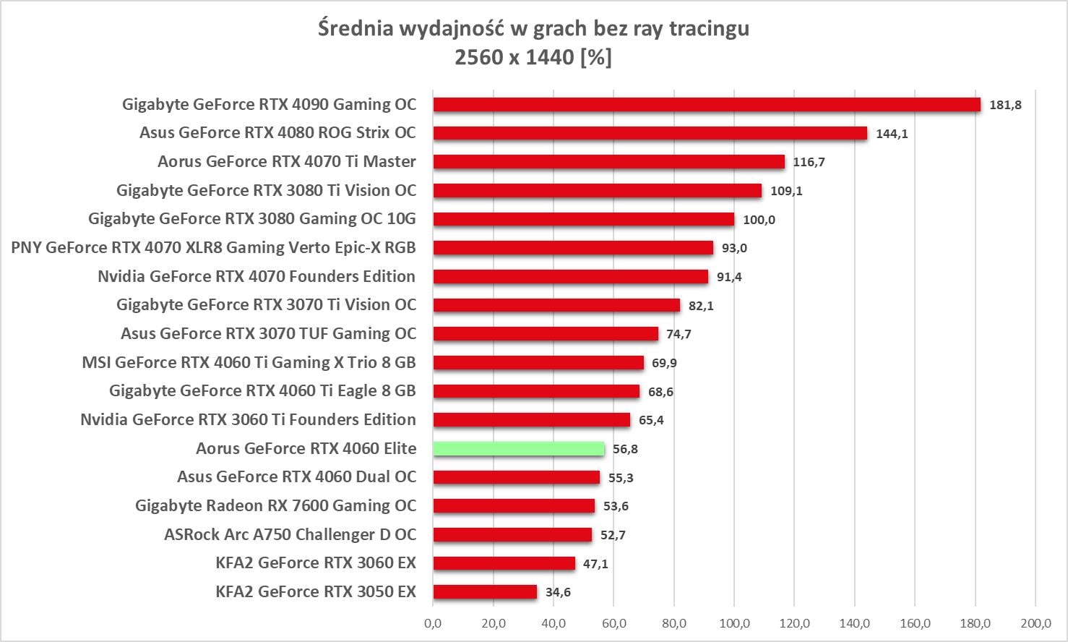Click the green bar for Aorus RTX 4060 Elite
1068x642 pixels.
pos(519,449)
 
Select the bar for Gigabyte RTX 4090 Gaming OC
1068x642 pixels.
pos(707,105)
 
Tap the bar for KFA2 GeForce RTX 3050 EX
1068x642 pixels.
pos(485,592)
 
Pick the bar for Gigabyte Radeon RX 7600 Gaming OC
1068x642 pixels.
pos(514,506)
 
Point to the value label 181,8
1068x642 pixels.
pos(1005,105)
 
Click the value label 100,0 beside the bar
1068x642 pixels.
pos(759,220)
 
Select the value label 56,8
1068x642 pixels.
pos(625,449)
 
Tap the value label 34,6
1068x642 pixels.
pos(558,592)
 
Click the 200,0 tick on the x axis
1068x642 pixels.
pos(1035,623)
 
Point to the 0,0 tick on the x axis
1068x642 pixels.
pos(433,623)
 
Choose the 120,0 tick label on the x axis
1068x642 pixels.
pos(794,623)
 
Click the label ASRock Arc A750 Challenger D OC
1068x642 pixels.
pos(290,534)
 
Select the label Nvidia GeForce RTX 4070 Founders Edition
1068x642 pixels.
pos(257,276)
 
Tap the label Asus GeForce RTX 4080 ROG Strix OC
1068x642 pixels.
pos(277,133)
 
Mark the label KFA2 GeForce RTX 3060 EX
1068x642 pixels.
pos(316,562)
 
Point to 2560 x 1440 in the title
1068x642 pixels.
pos(514,57)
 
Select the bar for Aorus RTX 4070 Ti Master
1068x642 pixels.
pos(608,162)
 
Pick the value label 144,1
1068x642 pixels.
pos(892,134)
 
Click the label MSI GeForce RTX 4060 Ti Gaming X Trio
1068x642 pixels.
pos(249,362)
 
